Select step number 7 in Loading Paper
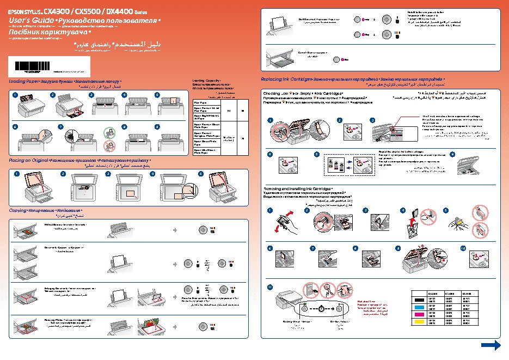[60, 126]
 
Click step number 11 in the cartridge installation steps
[269, 286]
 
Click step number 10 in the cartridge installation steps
[463, 248]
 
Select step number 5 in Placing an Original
[200, 174]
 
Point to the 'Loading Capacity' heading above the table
[206, 81]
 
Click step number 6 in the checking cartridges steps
[453, 154]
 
